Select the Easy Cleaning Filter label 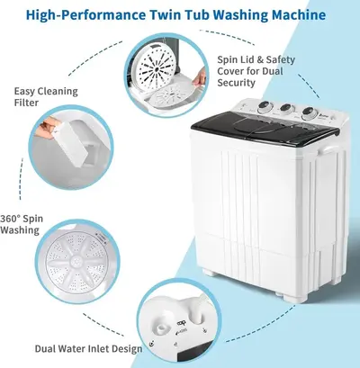[46, 96]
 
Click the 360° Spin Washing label [22, 224]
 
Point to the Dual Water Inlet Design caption [88, 348]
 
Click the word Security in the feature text [237, 83]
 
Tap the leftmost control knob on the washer [265, 106]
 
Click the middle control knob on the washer [286, 109]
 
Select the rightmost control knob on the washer [310, 112]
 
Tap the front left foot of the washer [211, 273]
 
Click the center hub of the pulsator [78, 258]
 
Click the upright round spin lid [155, 66]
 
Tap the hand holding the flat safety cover [199, 77]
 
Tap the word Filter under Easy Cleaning [26, 103]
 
